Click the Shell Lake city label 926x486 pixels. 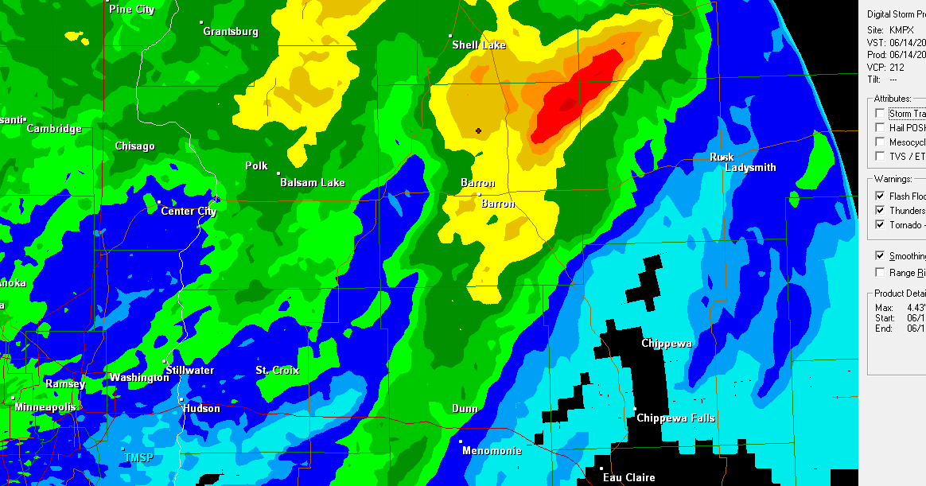(x=479, y=45)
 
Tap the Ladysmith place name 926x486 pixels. (x=750, y=168)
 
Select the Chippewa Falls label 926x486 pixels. (x=675, y=418)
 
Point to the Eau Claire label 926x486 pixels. (x=628, y=477)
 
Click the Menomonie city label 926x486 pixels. (x=492, y=451)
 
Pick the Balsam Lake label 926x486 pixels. (x=312, y=183)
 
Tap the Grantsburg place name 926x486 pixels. (x=231, y=32)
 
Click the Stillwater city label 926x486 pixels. (x=189, y=371)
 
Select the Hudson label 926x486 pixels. (x=201, y=409)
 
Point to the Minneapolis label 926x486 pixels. (x=45, y=407)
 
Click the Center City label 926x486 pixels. (x=189, y=212)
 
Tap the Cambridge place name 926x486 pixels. (x=54, y=129)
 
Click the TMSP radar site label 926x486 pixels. (x=138, y=458)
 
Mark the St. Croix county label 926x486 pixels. (x=277, y=371)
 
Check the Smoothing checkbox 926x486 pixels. (x=880, y=256)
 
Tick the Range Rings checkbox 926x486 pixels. (x=880, y=273)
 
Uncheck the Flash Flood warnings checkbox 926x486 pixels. (x=880, y=196)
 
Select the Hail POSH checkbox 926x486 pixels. (x=880, y=127)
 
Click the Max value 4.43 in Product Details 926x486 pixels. (x=914, y=308)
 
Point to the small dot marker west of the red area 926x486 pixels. (x=478, y=130)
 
